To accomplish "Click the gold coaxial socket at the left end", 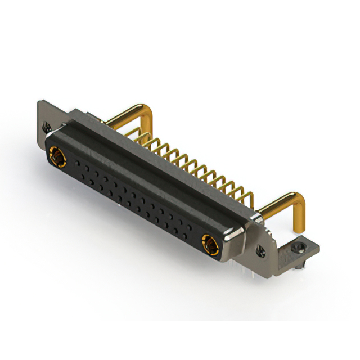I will tap(57, 156).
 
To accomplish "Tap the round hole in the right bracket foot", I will tap(301, 245).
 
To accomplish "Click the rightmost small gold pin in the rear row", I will tap(249, 194).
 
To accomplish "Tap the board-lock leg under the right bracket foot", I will tap(299, 264).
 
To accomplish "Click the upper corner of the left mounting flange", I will tap(39, 103).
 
